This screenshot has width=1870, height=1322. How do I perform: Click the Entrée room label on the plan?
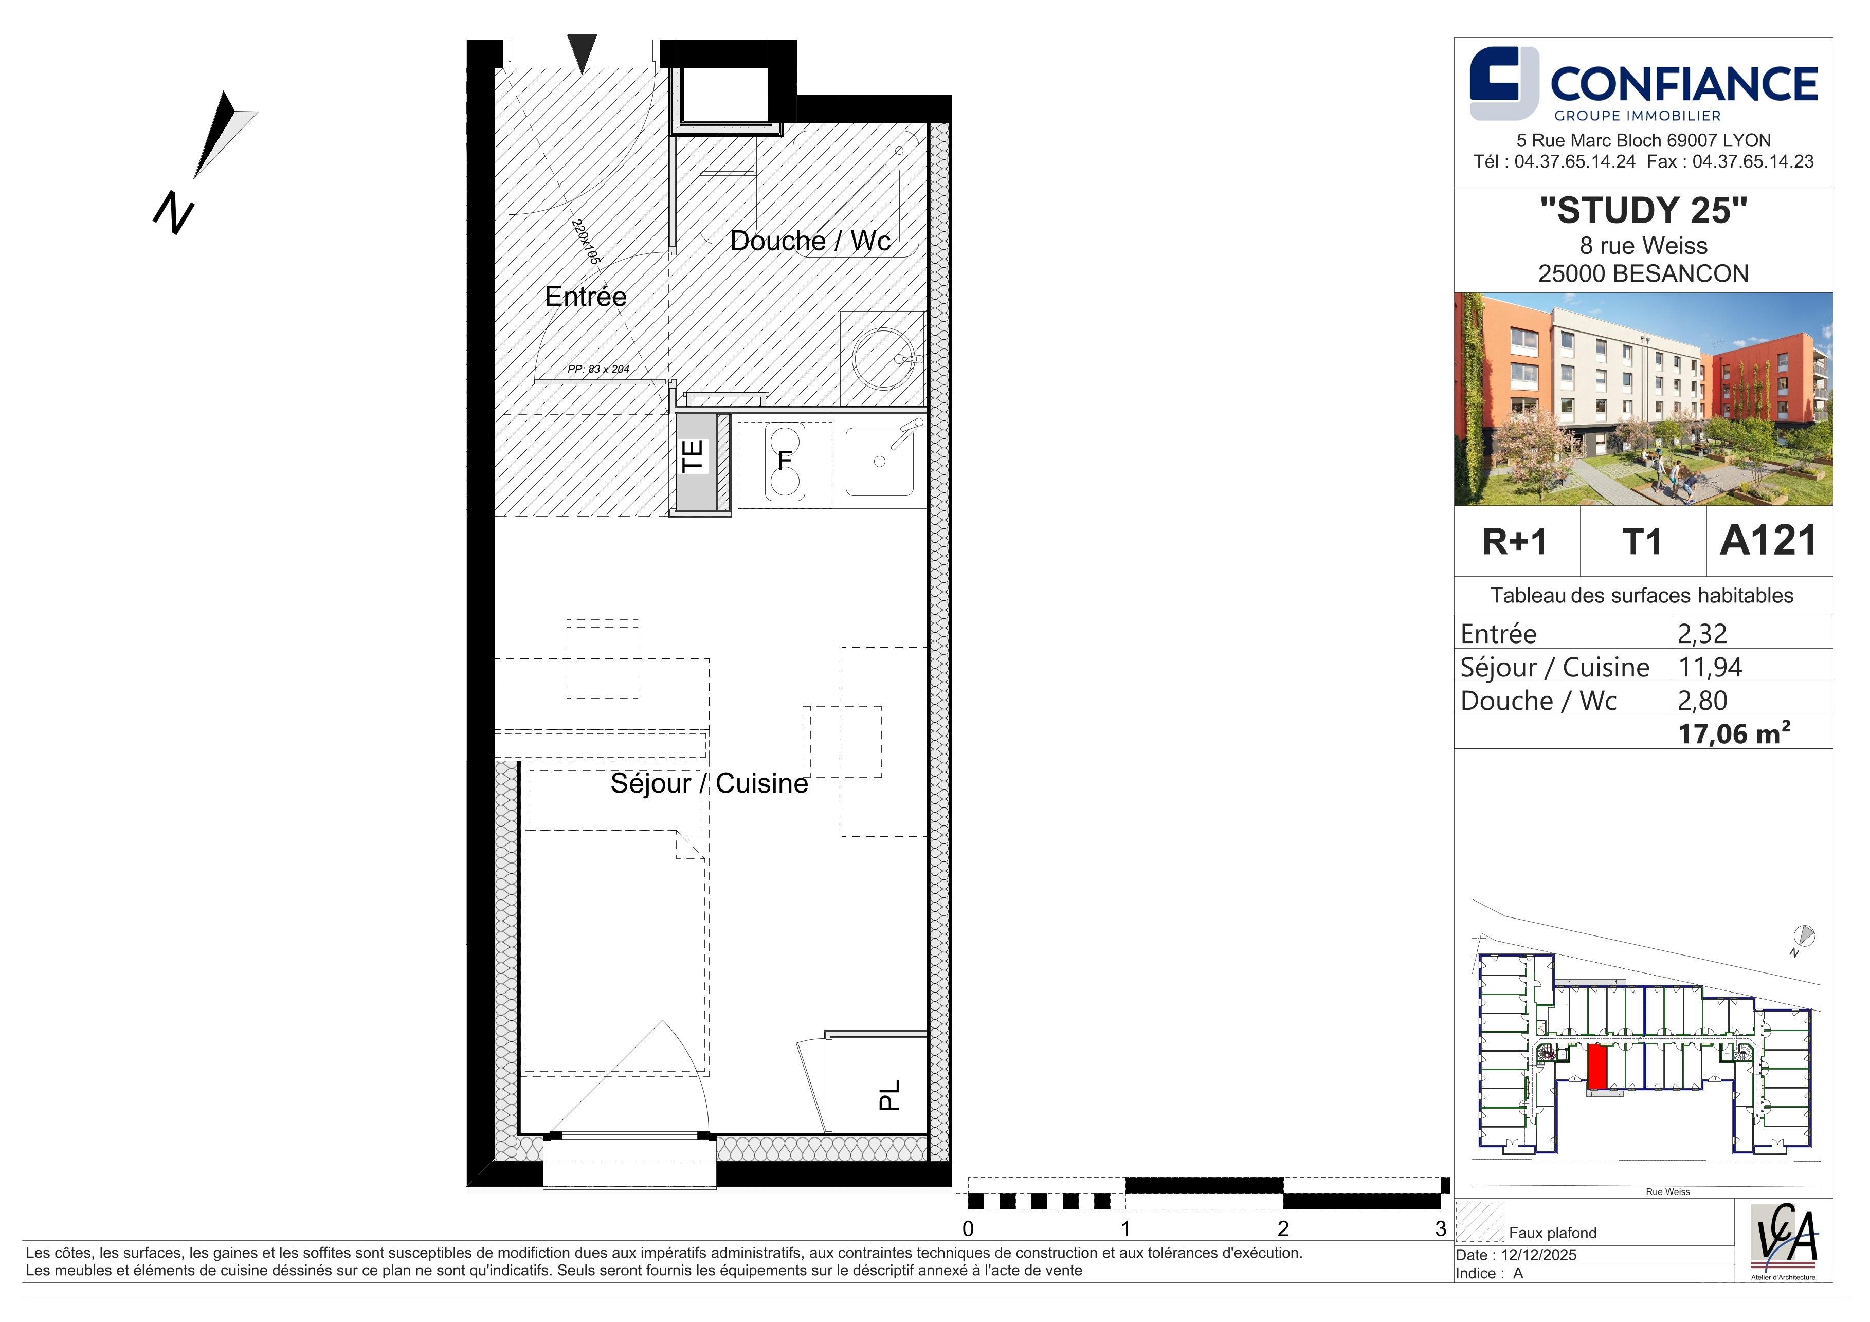(x=586, y=296)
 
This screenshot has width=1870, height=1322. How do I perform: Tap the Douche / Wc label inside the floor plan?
(x=810, y=241)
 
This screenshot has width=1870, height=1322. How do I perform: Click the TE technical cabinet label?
(x=692, y=456)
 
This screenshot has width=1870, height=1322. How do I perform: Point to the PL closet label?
(x=889, y=1096)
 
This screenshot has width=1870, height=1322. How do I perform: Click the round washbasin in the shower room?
(x=884, y=358)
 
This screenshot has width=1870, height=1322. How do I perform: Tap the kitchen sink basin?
(x=880, y=462)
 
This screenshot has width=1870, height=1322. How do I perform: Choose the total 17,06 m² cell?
(x=1734, y=733)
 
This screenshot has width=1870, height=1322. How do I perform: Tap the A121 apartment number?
(x=1768, y=541)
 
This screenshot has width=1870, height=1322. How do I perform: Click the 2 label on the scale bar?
(x=1283, y=1228)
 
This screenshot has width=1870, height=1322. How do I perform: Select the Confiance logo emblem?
(x=1503, y=83)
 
